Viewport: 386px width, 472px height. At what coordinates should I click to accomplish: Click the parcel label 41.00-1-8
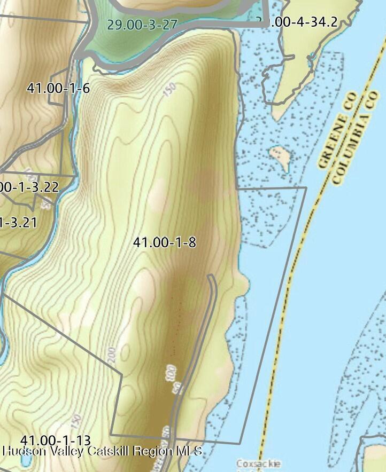click(164, 243)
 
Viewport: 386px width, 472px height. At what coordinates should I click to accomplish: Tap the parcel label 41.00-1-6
click(58, 89)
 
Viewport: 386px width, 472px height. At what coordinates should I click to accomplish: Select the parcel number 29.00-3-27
click(142, 25)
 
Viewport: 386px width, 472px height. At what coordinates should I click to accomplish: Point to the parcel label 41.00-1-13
click(55, 440)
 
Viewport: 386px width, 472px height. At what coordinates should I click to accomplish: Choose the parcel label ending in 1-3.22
click(29, 187)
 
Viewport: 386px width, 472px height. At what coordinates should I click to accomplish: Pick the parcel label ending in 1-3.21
click(18, 222)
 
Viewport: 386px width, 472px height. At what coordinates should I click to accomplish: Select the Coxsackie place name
click(259, 463)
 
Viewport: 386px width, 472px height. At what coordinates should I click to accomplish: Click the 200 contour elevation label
click(112, 355)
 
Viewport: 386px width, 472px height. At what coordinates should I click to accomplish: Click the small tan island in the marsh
click(281, 156)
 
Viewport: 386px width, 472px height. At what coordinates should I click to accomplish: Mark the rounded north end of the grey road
click(211, 277)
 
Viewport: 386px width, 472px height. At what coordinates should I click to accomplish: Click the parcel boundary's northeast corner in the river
click(306, 187)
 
